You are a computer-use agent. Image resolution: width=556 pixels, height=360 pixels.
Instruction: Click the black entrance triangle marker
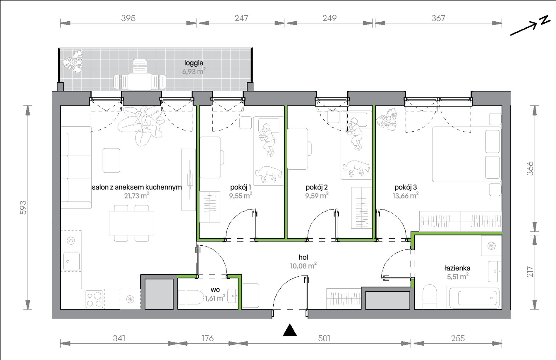tap(290, 330)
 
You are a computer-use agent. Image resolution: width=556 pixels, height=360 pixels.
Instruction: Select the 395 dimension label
tap(128, 18)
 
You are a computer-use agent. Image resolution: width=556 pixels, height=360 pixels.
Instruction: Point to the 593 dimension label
tap(23, 207)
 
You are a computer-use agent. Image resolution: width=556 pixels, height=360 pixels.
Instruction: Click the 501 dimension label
tap(324, 338)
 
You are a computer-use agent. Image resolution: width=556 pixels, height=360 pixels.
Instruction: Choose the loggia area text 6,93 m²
tap(194, 71)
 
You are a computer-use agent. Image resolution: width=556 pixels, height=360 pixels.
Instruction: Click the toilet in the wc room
tap(191, 297)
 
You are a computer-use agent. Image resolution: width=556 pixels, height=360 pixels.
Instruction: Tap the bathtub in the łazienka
tap(473, 297)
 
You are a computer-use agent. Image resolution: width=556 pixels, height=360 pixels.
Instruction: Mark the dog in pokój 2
tap(356, 169)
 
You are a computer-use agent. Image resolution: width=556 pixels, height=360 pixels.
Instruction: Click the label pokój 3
tap(406, 187)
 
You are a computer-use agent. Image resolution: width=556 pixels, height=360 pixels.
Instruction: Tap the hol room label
tap(303, 257)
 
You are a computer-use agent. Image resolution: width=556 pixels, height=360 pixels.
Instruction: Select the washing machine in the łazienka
tap(492, 246)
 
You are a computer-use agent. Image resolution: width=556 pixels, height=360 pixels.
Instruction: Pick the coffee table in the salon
tap(111, 160)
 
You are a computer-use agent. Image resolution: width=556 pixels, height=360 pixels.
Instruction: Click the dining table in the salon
tap(131, 223)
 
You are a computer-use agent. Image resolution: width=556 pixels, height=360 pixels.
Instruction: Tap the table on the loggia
tap(140, 81)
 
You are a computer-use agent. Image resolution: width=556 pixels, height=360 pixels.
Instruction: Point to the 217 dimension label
tap(530, 272)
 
